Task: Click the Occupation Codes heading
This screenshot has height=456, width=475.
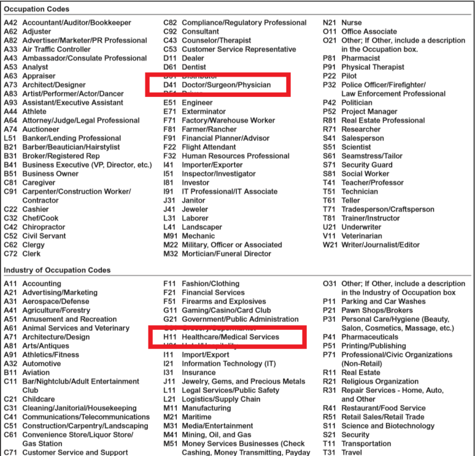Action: [36, 9]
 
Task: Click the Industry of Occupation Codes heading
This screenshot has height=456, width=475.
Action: [57, 271]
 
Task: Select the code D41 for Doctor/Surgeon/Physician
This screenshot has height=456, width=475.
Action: [169, 85]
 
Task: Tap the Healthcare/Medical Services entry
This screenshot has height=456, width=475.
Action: [230, 337]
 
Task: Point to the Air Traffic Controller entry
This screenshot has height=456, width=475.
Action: [56, 49]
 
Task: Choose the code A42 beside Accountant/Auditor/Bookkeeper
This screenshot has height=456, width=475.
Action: [11, 23]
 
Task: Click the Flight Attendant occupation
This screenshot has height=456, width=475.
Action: [209, 147]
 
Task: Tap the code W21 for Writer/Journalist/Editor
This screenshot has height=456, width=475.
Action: [330, 245]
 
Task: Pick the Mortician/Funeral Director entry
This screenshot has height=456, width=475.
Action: [226, 254]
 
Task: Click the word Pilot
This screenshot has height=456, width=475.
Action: [350, 76]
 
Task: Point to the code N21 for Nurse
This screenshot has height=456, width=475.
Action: [330, 23]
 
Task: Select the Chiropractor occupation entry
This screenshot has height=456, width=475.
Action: [43, 227]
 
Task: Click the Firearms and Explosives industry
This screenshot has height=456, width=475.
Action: [223, 302]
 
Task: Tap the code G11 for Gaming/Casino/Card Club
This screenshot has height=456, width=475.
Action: [170, 311]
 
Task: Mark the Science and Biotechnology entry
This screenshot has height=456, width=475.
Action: [388, 426]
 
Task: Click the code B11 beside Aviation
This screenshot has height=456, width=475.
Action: [11, 373]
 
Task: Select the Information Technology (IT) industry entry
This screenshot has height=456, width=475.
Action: [229, 364]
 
